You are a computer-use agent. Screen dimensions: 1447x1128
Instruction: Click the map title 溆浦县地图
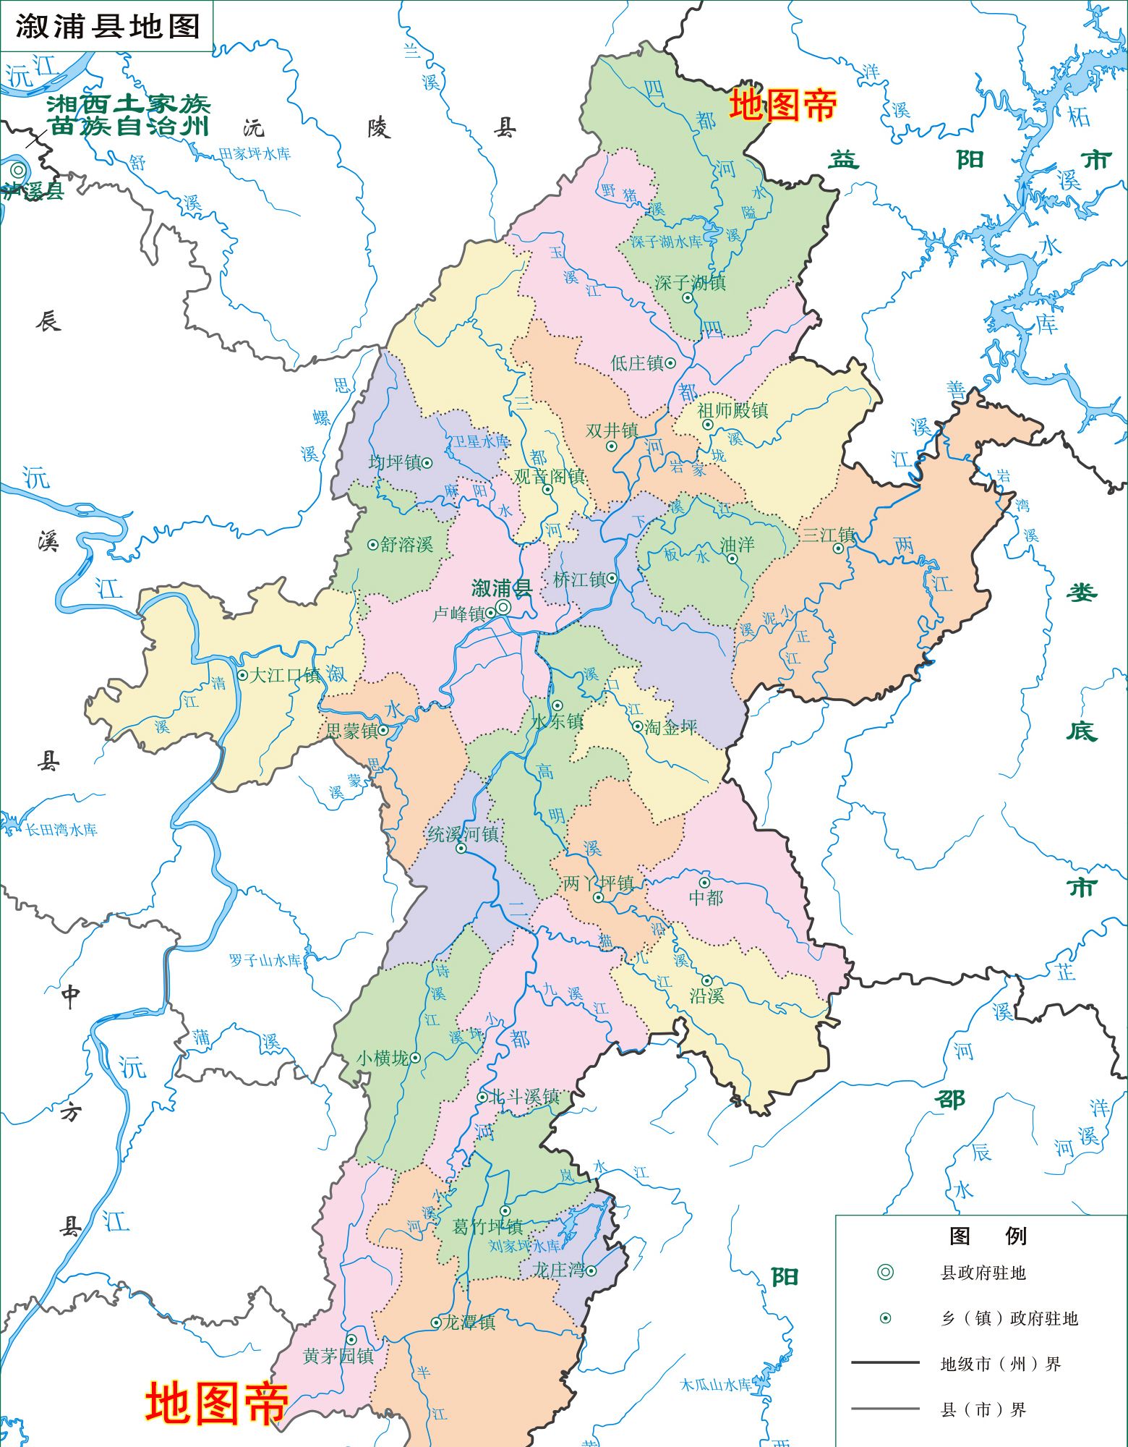pos(107,27)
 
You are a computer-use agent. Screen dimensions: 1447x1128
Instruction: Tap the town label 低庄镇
pos(637,362)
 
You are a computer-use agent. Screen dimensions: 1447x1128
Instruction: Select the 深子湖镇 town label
pos(690,282)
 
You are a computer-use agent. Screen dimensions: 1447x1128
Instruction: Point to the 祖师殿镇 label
pos(732,410)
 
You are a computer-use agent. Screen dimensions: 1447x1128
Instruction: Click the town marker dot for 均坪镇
pos(427,462)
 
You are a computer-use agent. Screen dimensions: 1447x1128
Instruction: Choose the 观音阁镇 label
pos(549,475)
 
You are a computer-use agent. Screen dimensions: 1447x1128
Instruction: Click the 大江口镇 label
pos(284,675)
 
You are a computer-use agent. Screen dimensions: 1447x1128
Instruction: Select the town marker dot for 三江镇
pos(837,548)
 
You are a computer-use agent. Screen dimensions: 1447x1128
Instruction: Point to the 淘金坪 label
pos(671,727)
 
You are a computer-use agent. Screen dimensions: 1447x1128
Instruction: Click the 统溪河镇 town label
pos(463,834)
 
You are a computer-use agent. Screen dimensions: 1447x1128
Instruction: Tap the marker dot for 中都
pos(704,883)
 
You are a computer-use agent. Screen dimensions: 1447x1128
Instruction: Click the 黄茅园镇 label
pos(338,1355)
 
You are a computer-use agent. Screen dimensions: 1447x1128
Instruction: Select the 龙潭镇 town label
pos(469,1322)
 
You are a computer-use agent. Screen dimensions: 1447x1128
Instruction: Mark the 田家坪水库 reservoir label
pos(255,153)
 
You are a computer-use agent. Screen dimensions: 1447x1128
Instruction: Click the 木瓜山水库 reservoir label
pos(716,1384)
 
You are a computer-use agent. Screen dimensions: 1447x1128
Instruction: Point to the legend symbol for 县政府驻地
pos(885,1273)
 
